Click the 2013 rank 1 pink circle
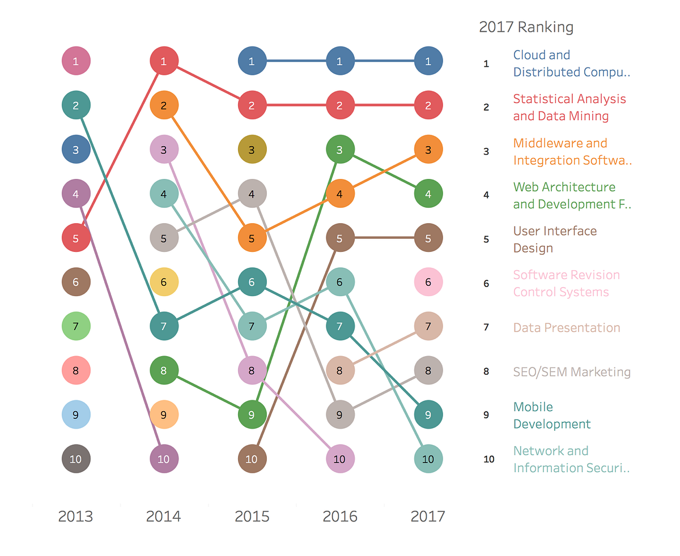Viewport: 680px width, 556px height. coord(76,61)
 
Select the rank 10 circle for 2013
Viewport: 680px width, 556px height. coord(76,459)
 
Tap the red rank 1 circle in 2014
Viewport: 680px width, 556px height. coord(164,61)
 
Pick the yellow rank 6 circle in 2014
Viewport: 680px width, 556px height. coord(164,282)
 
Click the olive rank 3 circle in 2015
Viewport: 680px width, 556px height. coord(252,149)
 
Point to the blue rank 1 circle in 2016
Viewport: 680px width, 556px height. coord(340,61)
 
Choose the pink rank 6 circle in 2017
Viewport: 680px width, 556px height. coord(428,282)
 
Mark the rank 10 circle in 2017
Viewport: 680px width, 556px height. coord(428,459)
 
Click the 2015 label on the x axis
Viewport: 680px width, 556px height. coord(252,516)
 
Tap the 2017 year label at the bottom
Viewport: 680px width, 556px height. coord(428,516)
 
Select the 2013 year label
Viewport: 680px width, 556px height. coord(75,516)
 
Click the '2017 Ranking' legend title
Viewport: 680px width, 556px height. coord(526,27)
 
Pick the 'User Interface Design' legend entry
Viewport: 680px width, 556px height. coord(555,239)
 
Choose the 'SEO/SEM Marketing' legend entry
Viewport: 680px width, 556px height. coord(572,372)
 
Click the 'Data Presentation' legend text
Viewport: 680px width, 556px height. coord(567,328)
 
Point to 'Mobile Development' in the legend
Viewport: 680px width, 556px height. coord(551,416)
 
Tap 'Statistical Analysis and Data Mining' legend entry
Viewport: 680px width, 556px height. coord(569,108)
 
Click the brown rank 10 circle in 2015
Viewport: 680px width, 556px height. coord(252,459)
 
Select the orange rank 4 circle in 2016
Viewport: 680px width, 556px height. coord(340,194)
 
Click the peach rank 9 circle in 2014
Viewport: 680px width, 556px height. coord(164,414)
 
